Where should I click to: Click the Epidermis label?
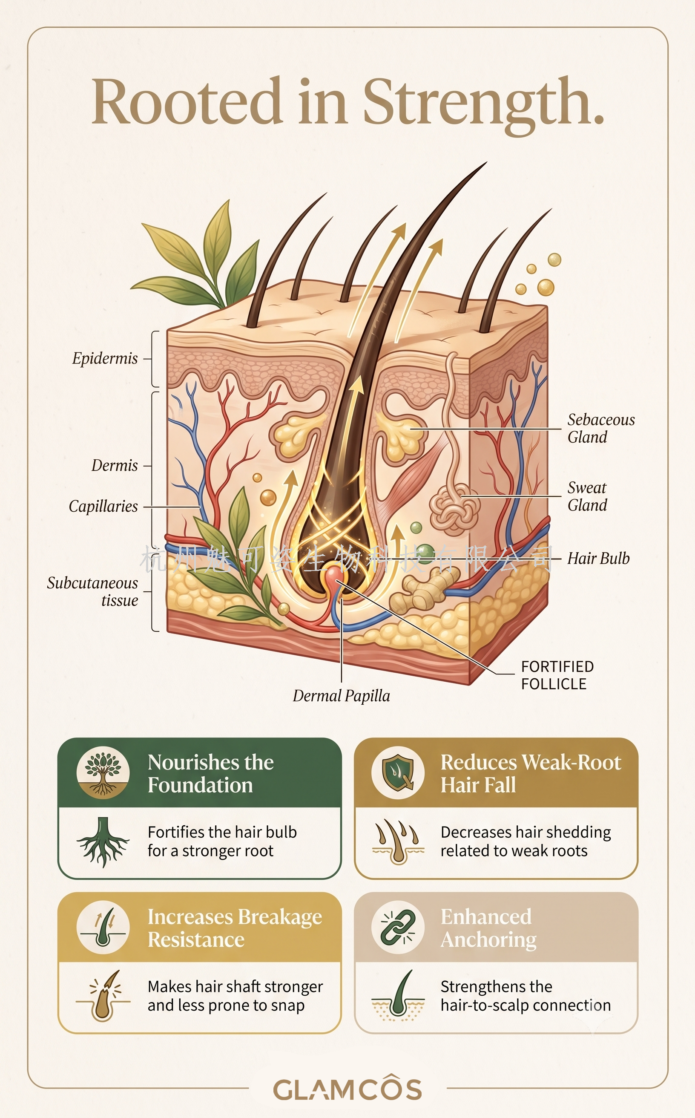(105, 358)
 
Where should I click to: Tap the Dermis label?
(115, 465)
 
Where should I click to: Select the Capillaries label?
(103, 506)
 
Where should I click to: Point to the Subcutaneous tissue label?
(92, 591)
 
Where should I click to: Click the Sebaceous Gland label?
(601, 428)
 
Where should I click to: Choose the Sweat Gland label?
(587, 496)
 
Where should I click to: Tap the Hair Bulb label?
(598, 558)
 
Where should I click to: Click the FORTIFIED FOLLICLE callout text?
(557, 675)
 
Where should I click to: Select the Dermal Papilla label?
(341, 696)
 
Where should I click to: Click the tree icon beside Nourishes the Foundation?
(103, 772)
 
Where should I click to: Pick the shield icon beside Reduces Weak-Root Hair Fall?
(398, 772)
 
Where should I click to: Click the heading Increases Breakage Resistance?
(235, 928)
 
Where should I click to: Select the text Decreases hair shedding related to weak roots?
(526, 841)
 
